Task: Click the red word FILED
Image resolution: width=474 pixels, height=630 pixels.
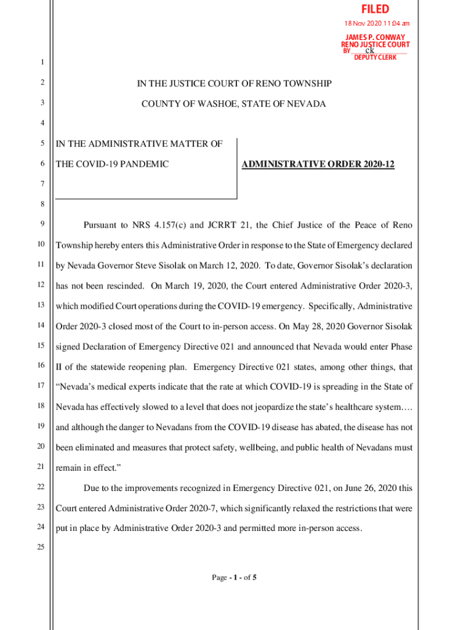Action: point(375,9)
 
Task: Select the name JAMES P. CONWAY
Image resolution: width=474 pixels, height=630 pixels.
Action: point(374,37)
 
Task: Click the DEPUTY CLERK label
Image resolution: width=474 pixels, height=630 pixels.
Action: point(375,57)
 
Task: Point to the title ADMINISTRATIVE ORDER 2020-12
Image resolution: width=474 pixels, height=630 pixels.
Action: point(318,164)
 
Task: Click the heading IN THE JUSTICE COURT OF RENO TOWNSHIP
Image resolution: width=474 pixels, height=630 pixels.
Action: point(233,83)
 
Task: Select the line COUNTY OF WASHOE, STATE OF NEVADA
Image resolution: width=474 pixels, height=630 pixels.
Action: point(233,104)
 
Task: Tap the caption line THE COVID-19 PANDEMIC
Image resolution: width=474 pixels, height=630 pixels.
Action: point(112,164)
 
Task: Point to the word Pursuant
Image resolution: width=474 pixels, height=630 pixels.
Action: point(101,225)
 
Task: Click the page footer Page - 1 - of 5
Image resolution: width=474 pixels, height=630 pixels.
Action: point(234,578)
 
